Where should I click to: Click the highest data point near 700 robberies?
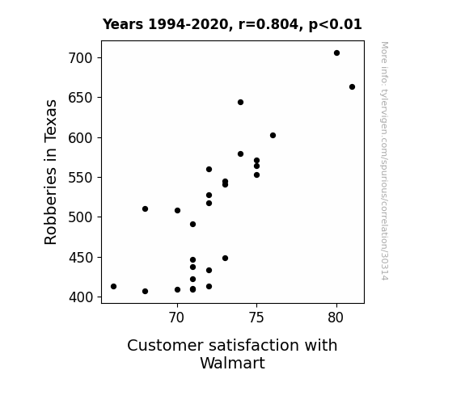(336, 53)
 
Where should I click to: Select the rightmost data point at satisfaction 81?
(352, 86)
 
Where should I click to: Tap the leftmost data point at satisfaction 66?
(113, 286)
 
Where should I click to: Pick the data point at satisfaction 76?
(273, 136)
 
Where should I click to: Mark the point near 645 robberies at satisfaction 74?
(240, 103)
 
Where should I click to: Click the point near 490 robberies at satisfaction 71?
(192, 225)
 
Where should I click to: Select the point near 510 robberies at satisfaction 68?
(145, 209)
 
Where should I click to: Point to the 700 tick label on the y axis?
(80, 58)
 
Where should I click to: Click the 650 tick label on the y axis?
(80, 98)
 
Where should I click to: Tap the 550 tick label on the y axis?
(80, 178)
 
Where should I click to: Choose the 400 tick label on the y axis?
(80, 297)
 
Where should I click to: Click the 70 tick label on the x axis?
(177, 318)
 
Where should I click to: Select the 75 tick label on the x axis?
(256, 318)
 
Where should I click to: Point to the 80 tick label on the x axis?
(336, 318)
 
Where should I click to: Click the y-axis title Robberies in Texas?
(50, 172)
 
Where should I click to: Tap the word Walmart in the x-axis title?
(233, 363)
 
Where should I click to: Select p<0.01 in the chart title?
(336, 25)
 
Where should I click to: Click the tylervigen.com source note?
(384, 161)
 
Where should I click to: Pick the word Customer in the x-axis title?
(166, 345)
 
